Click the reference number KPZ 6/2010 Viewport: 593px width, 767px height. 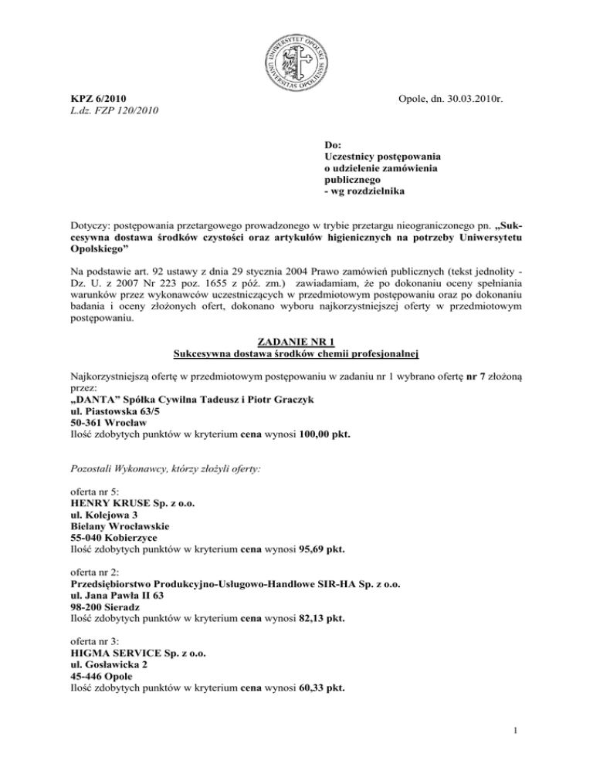pos(94,99)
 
